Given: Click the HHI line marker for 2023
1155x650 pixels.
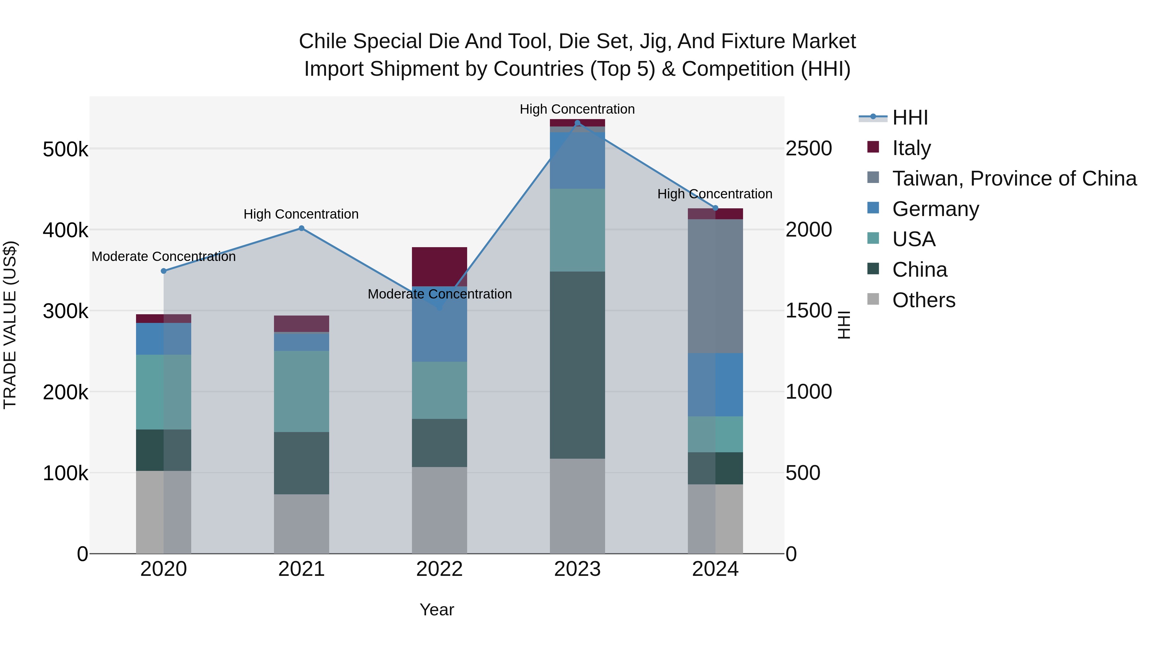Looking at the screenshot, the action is point(577,123).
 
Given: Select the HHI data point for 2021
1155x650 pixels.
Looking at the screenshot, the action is point(301,228).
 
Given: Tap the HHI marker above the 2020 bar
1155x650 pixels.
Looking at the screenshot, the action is point(164,271).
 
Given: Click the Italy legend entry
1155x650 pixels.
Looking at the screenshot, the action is point(911,148).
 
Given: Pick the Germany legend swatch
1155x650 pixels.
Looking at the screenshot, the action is point(873,208).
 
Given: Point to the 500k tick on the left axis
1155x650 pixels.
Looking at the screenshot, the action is point(65,149).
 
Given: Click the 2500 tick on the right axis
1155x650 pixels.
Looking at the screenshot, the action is point(809,149).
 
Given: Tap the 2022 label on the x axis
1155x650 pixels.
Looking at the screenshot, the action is point(440,569).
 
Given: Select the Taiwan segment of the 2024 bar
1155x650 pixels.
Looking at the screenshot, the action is point(715,286).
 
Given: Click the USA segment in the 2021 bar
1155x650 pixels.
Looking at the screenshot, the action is point(301,391).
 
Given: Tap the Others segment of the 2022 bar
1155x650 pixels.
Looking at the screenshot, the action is point(440,510).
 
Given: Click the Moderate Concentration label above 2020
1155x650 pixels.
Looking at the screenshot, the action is point(164,256).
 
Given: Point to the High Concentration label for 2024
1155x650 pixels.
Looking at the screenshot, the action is point(715,194).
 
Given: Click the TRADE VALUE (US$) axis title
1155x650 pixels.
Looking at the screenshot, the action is point(10,325).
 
